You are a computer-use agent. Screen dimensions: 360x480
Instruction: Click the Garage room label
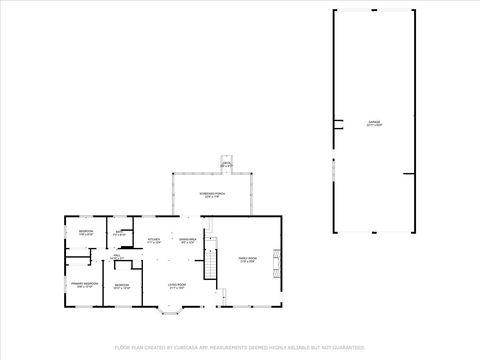(x=374, y=122)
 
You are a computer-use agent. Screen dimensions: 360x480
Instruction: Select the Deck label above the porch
(x=227, y=164)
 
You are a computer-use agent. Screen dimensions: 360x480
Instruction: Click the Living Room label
(x=176, y=285)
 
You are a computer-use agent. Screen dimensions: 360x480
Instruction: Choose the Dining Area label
(x=187, y=239)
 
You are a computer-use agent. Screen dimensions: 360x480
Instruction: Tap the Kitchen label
(x=154, y=239)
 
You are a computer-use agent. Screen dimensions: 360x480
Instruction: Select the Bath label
(x=119, y=233)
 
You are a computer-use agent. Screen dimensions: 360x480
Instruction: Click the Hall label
(x=117, y=255)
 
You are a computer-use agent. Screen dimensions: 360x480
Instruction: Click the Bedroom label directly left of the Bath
(x=85, y=232)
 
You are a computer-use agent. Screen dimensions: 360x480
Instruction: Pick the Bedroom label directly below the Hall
(x=121, y=285)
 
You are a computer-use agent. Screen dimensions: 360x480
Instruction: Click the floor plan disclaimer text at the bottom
(x=240, y=349)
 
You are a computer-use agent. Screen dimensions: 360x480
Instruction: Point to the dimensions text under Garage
(x=374, y=126)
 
